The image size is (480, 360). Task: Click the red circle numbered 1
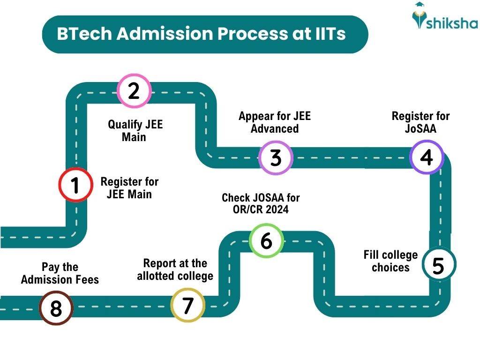(x=75, y=185)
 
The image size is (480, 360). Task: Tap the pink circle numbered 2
(x=134, y=90)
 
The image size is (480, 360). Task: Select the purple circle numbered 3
(x=276, y=157)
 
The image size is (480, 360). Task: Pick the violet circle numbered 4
(x=426, y=157)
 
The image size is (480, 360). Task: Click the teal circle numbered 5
(x=438, y=265)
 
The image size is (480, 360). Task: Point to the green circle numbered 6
(x=266, y=240)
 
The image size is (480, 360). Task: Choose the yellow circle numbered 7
(x=187, y=305)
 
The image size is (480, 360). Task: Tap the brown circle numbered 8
(x=56, y=308)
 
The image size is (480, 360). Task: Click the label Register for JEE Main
(x=129, y=187)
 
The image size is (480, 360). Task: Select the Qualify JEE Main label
(x=135, y=131)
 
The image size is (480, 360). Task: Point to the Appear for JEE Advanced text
(x=275, y=122)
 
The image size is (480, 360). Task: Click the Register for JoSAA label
(x=420, y=122)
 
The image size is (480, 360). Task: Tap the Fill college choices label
(x=390, y=261)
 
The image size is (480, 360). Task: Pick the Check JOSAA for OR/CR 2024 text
(x=261, y=203)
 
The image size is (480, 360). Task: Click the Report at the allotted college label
(x=175, y=270)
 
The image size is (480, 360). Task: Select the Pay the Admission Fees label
(x=60, y=273)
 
